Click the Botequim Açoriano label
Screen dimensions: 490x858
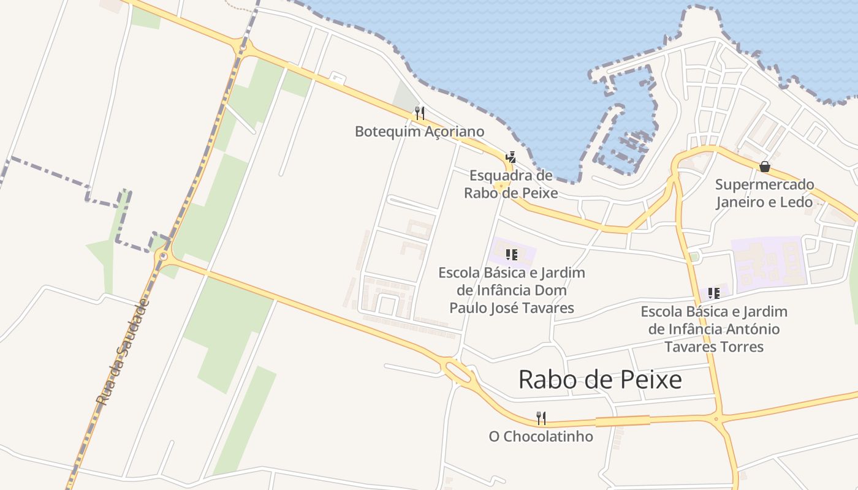(x=419, y=132)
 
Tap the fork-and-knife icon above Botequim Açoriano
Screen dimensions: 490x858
(x=419, y=113)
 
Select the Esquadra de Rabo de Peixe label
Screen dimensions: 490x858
(x=511, y=184)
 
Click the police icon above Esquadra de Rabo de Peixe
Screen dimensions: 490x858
(x=511, y=157)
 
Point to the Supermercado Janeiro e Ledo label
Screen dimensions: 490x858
(x=764, y=193)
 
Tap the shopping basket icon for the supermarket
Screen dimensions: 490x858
(x=764, y=166)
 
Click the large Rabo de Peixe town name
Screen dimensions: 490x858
(x=600, y=380)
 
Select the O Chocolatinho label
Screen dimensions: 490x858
(x=541, y=437)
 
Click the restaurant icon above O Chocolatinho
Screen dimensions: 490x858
(x=541, y=418)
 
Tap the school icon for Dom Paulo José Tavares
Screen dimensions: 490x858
(x=511, y=254)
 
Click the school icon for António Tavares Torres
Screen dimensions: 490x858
(x=713, y=293)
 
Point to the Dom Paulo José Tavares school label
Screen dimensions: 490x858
(x=512, y=290)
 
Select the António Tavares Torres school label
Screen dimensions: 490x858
(x=714, y=329)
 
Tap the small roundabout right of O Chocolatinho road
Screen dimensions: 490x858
(x=716, y=420)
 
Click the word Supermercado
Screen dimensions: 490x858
(x=764, y=184)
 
